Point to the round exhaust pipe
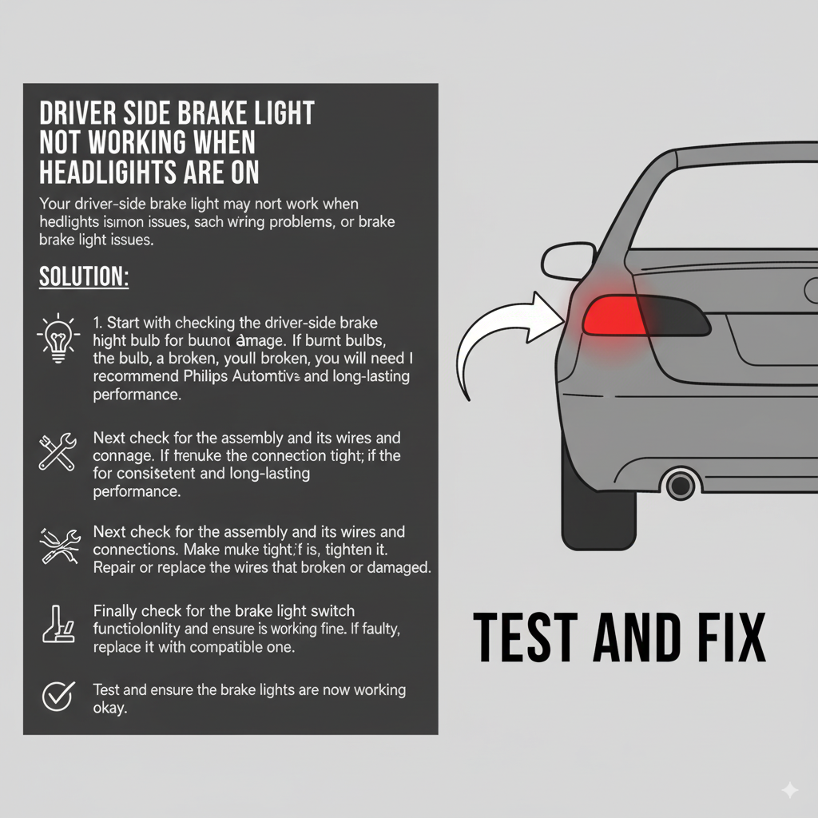pyautogui.click(x=680, y=484)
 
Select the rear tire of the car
pyautogui.click(x=599, y=503)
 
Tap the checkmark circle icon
pyautogui.click(x=57, y=697)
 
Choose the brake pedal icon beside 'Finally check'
pyautogui.click(x=58, y=625)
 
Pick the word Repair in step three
pyautogui.click(x=114, y=568)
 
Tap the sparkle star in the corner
pyautogui.click(x=789, y=789)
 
